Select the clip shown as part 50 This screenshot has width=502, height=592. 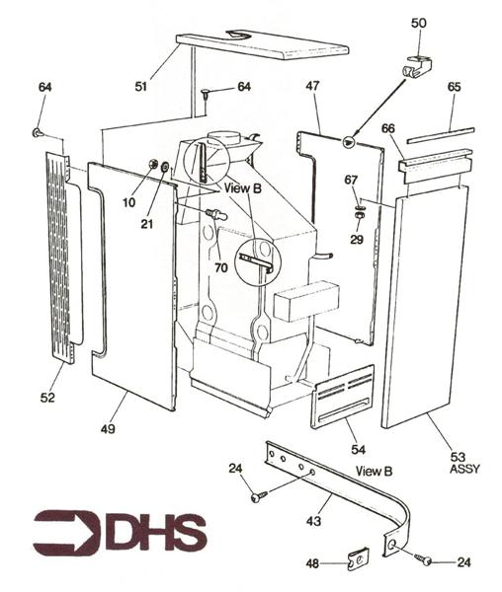tap(417, 68)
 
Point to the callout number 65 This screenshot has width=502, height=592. tap(454, 88)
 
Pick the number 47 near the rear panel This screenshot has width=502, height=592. tap(312, 88)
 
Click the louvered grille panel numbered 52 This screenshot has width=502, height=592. tap(63, 257)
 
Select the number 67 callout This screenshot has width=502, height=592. tap(353, 179)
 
